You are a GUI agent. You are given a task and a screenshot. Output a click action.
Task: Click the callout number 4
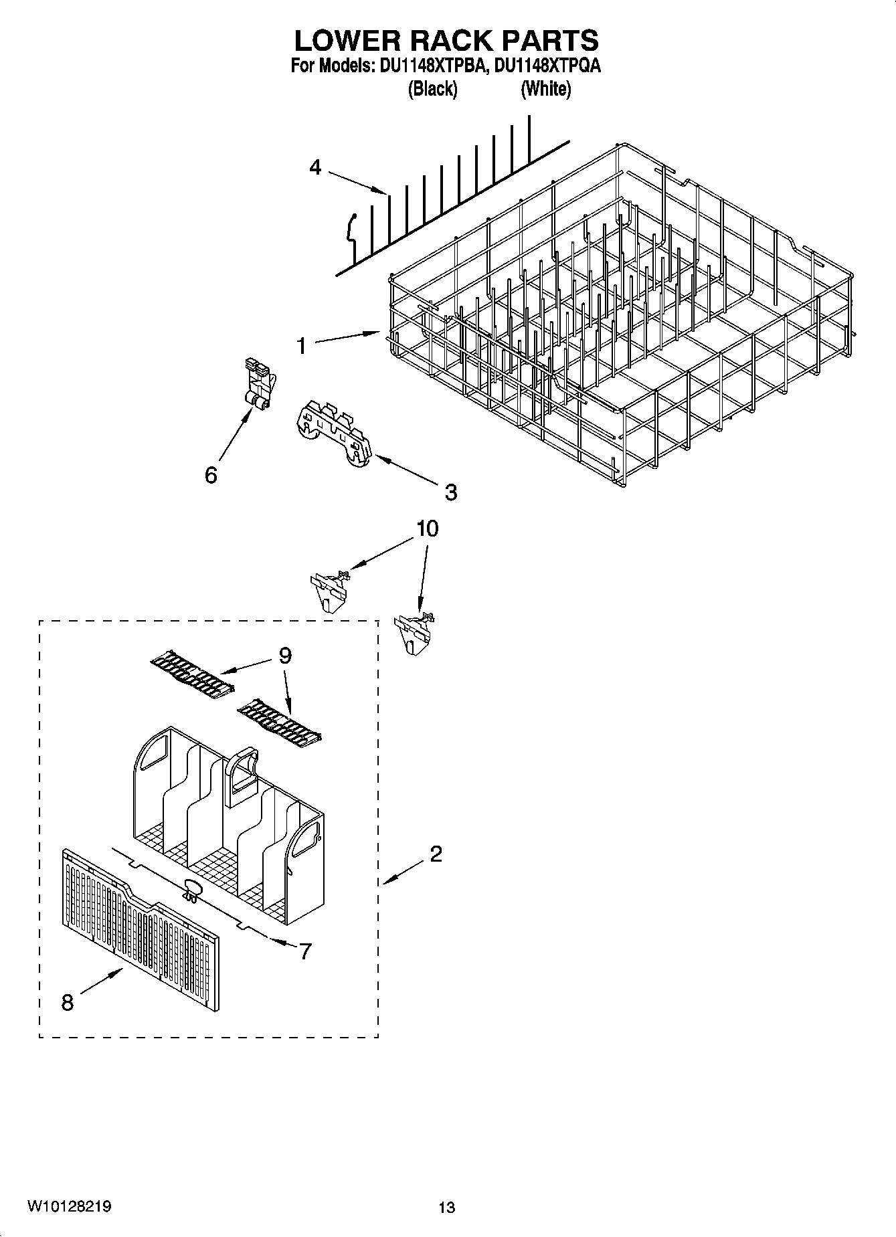[315, 167]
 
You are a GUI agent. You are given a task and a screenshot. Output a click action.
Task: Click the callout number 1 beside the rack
[302, 346]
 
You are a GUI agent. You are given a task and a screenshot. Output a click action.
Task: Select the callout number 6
[211, 475]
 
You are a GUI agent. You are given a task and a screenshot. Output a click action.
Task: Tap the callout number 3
[451, 492]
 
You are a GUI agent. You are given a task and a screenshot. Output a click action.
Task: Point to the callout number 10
[428, 529]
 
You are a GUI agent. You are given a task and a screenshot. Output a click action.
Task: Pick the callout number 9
[285, 656]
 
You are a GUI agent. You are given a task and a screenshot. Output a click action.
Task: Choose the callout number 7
[306, 951]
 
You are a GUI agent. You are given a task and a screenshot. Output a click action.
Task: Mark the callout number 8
[67, 1003]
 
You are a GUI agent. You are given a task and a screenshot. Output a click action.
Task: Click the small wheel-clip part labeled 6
[258, 385]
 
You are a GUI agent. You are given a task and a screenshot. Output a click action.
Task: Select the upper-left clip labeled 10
[329, 588]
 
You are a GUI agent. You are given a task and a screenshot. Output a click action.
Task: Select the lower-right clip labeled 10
[414, 631]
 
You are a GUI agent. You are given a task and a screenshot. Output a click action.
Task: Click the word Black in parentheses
[432, 88]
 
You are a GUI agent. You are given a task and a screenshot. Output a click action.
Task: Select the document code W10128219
[69, 1207]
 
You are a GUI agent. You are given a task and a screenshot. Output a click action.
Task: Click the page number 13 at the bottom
[446, 1208]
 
